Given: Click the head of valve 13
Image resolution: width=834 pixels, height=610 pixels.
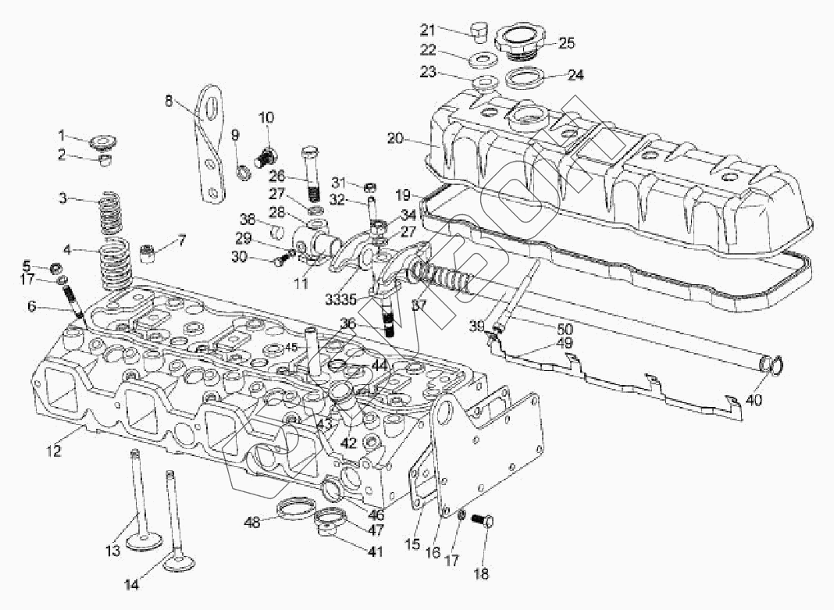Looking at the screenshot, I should click(x=147, y=540).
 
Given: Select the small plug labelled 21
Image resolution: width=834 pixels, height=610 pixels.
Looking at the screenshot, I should click(x=478, y=32).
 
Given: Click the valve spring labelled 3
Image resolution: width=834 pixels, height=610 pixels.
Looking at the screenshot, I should click(x=116, y=214).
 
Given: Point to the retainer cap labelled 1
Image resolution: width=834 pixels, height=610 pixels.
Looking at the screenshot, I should click(x=102, y=142).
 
